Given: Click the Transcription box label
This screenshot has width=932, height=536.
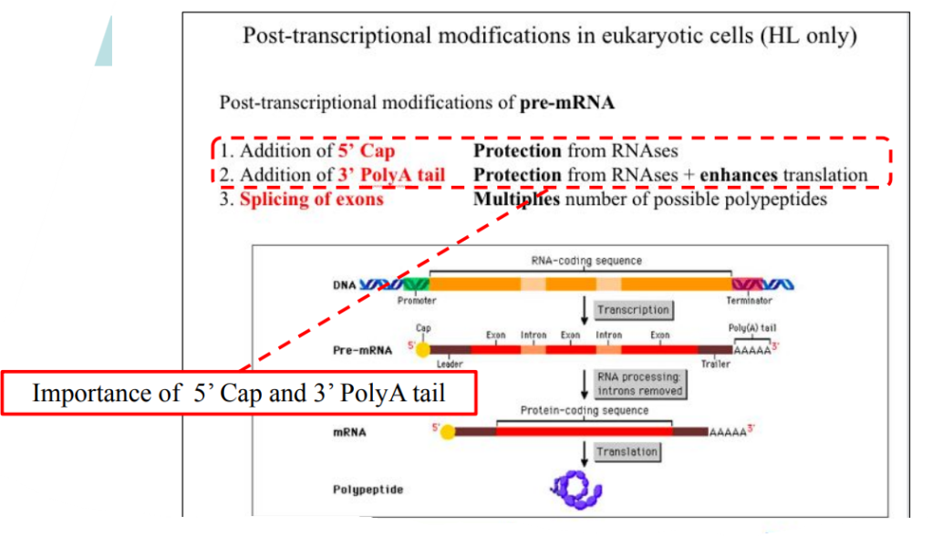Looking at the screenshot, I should point(633,310).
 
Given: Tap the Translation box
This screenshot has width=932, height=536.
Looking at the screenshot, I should point(627,452).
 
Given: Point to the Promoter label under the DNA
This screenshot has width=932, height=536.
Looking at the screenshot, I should point(417,300).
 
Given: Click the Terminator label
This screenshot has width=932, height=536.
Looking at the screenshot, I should point(749,300).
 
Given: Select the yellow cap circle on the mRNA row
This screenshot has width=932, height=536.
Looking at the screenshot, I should point(447,431).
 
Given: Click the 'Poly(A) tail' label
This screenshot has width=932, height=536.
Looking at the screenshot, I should point(752,328).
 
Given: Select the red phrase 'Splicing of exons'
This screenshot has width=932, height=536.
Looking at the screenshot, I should point(311,199).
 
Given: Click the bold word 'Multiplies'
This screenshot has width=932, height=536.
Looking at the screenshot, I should point(516,199).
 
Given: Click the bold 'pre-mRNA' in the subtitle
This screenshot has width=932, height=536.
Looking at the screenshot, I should point(566,102).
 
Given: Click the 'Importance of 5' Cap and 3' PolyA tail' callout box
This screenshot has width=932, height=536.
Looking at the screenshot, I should point(238,393).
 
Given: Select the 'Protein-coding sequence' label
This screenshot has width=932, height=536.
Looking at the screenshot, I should point(585,410).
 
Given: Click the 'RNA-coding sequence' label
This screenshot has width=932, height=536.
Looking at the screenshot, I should point(586,261).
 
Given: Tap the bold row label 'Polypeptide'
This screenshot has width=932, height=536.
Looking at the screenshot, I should point(368,490).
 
